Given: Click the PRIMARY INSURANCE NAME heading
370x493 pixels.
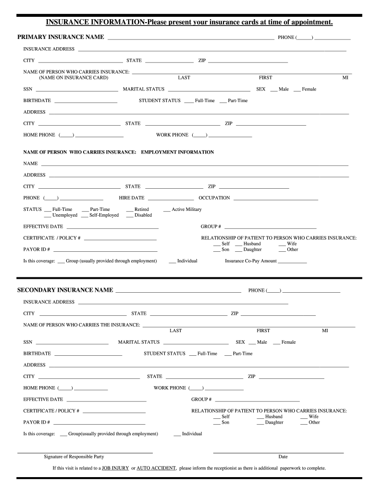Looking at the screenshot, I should (x=61, y=37).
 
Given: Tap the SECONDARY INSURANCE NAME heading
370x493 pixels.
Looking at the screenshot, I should (x=65, y=290).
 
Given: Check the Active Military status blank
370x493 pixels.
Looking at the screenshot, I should (x=167, y=210).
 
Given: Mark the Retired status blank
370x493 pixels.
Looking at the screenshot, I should (x=130, y=210).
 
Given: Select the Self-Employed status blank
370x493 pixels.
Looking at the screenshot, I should (x=85, y=216).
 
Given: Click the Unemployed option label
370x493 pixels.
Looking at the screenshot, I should (x=64, y=215).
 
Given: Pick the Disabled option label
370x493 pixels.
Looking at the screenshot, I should (x=143, y=215).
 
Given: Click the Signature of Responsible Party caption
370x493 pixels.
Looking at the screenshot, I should (x=74, y=457).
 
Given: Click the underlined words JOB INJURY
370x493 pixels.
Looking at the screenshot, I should (x=115, y=468).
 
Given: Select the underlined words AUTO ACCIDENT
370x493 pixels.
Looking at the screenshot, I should (x=157, y=468).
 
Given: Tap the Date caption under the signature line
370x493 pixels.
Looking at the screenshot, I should (x=283, y=457).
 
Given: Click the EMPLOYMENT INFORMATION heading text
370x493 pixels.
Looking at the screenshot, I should (x=177, y=152).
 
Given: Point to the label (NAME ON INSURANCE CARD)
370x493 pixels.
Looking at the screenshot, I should (x=74, y=78).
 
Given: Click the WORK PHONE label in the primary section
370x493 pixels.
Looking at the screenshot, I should (x=173, y=135).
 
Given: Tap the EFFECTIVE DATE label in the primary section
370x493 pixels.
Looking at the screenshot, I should (x=43, y=226).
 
